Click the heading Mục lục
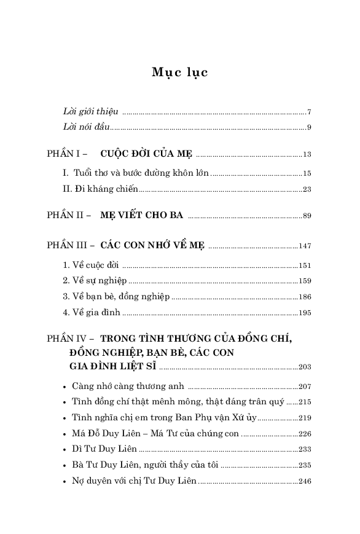tap(179, 73)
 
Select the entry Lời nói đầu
tap(85, 127)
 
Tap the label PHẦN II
tap(66, 216)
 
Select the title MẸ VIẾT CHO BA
tap(141, 216)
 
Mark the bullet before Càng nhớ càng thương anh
tap(65, 387)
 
